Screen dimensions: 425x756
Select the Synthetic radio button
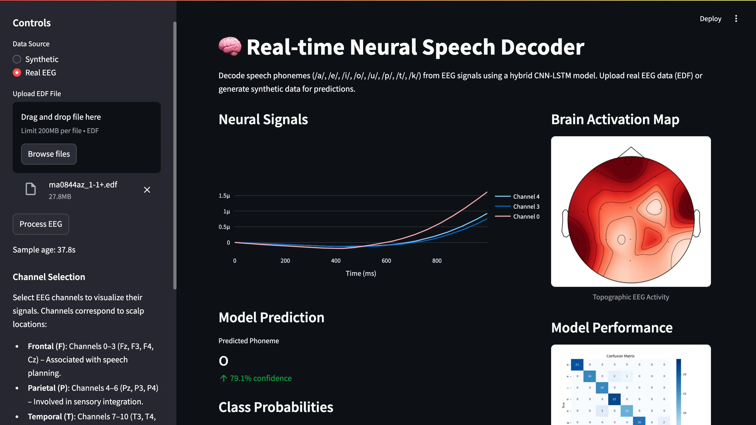(17, 59)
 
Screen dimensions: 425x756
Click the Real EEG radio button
(17, 73)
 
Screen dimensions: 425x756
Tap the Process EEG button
(41, 224)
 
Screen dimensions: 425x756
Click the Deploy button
(710, 19)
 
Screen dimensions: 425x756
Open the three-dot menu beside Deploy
(736, 19)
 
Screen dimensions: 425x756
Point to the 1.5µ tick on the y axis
(224, 196)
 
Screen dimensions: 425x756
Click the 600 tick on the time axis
(386, 261)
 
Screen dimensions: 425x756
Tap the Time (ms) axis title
(361, 273)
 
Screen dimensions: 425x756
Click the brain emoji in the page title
(230, 47)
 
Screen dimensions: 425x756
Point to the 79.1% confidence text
(261, 378)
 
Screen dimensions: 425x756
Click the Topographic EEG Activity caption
(631, 297)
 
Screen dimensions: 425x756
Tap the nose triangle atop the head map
(631, 152)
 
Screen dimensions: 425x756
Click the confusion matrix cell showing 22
(614, 399)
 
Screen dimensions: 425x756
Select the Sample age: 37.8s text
(44, 250)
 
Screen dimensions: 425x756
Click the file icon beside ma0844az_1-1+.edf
(31, 189)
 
